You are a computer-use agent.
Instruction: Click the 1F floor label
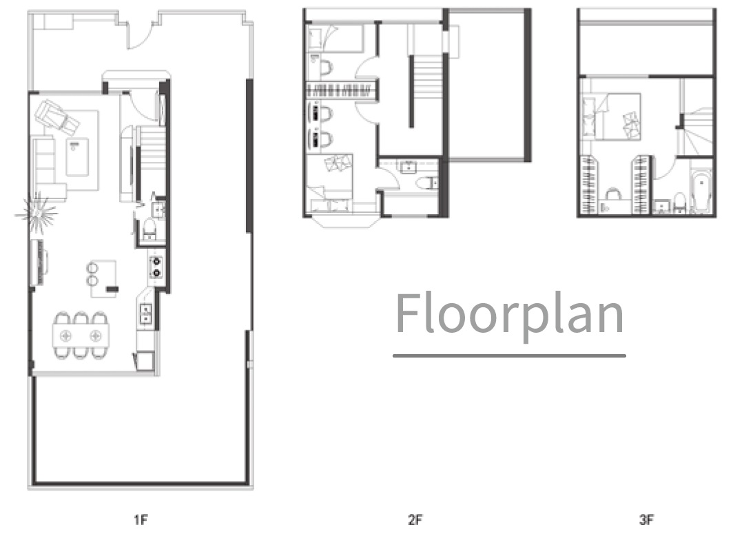(x=141, y=520)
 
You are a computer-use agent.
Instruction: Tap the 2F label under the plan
(x=415, y=520)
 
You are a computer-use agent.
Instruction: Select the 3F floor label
(x=646, y=520)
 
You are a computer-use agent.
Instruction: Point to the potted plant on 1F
(x=37, y=213)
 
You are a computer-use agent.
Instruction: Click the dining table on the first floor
(x=81, y=336)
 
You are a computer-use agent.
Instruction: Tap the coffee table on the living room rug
(x=77, y=157)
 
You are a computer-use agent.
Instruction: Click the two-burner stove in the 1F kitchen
(x=156, y=267)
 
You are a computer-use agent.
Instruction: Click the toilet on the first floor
(x=149, y=229)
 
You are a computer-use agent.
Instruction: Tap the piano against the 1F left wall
(x=41, y=262)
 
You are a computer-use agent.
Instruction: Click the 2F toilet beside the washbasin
(x=428, y=183)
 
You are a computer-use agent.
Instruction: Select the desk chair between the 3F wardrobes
(x=613, y=194)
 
